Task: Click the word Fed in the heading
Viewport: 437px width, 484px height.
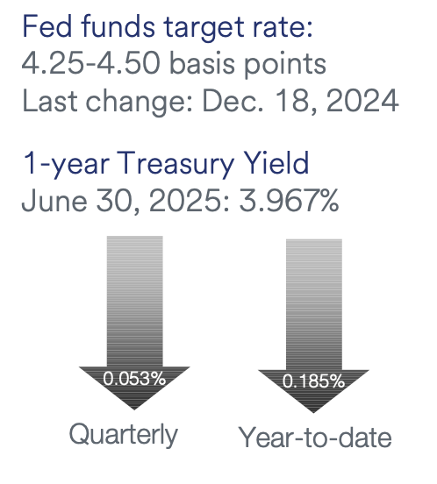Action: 47,27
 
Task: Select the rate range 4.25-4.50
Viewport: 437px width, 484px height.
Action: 91,64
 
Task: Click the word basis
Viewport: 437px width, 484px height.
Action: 203,64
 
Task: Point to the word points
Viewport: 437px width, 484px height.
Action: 285,66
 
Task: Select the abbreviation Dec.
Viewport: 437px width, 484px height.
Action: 233,101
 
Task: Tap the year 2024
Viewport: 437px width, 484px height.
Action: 362,101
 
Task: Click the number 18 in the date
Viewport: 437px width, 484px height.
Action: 296,101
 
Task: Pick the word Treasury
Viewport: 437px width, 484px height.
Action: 176,164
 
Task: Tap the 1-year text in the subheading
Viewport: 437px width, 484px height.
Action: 66,164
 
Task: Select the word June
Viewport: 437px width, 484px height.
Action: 54,200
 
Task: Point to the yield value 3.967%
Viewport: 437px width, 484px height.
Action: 289,200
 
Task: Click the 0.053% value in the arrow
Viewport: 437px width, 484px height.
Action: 134,379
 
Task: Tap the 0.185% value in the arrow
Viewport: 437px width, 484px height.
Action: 313,381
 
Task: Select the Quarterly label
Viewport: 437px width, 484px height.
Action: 124,435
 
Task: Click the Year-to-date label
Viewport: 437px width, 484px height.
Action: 315,437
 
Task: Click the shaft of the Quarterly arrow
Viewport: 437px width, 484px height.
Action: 134,302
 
